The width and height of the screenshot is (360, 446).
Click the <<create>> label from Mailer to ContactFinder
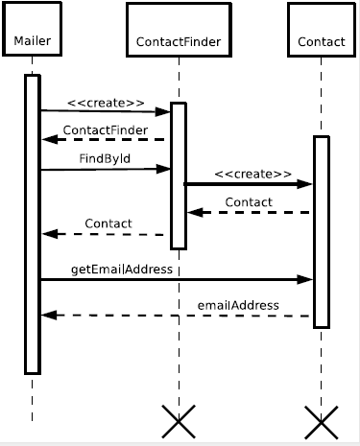(107, 102)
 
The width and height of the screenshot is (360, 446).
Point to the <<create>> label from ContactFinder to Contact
(252, 174)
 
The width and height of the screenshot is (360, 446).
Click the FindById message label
(106, 158)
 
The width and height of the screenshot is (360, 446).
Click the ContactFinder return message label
(106, 129)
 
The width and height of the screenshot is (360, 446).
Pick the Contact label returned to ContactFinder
(248, 201)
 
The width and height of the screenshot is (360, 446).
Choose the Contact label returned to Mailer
(108, 223)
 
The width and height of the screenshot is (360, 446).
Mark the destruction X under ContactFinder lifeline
(178, 420)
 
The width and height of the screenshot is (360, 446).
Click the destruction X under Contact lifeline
(321, 420)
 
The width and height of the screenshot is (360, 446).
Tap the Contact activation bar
(321, 231)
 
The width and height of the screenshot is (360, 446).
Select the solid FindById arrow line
(106, 170)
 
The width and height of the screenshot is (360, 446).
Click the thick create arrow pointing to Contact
(249, 184)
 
